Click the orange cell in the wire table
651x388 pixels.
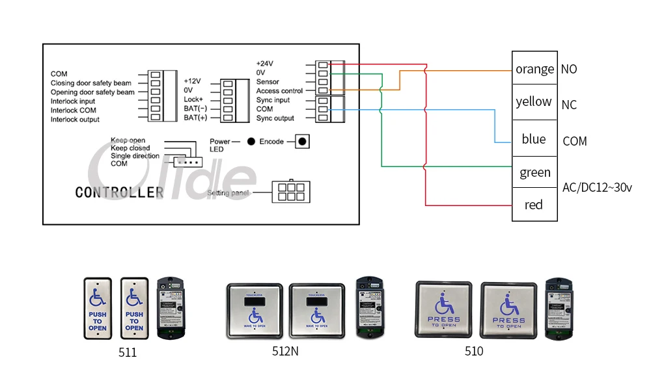pyautogui.click(x=534, y=70)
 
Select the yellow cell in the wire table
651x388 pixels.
pyautogui.click(x=534, y=102)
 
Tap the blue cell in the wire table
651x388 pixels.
pyautogui.click(x=534, y=139)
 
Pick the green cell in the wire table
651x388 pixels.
pyautogui.click(x=534, y=173)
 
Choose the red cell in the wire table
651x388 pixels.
pyautogui.click(x=534, y=205)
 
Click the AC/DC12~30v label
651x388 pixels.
pyautogui.click(x=597, y=188)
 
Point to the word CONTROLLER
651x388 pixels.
pyautogui.click(x=119, y=192)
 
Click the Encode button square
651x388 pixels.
pyautogui.click(x=301, y=141)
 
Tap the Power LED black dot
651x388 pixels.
pyautogui.click(x=251, y=141)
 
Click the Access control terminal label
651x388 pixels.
pyautogui.click(x=279, y=91)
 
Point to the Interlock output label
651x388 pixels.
pyautogui.click(x=76, y=120)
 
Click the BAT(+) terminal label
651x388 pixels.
pyautogui.click(x=195, y=118)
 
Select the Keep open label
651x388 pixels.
pyautogui.click(x=128, y=140)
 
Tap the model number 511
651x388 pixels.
pyautogui.click(x=128, y=352)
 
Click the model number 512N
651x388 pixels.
pyautogui.click(x=285, y=352)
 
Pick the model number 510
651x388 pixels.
pyautogui.click(x=474, y=352)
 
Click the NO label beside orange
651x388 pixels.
pyautogui.click(x=568, y=70)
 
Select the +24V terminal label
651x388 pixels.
pyautogui.click(x=265, y=63)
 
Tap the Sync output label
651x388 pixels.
pyautogui.click(x=275, y=118)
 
